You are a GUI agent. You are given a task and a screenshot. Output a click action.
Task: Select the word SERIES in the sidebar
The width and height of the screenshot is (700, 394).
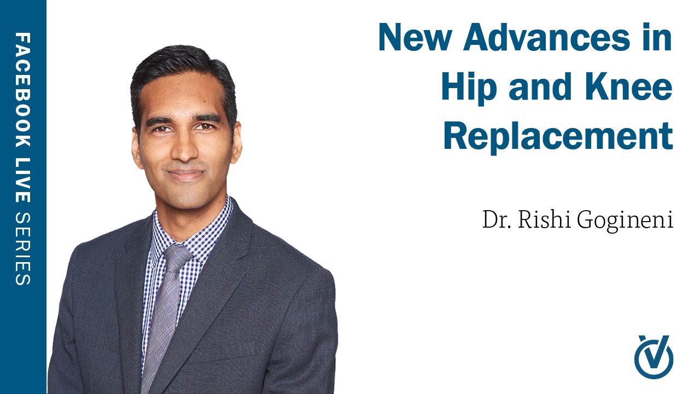pos(23,249)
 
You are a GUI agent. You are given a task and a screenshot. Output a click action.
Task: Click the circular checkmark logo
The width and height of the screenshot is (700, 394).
pos(654,357)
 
